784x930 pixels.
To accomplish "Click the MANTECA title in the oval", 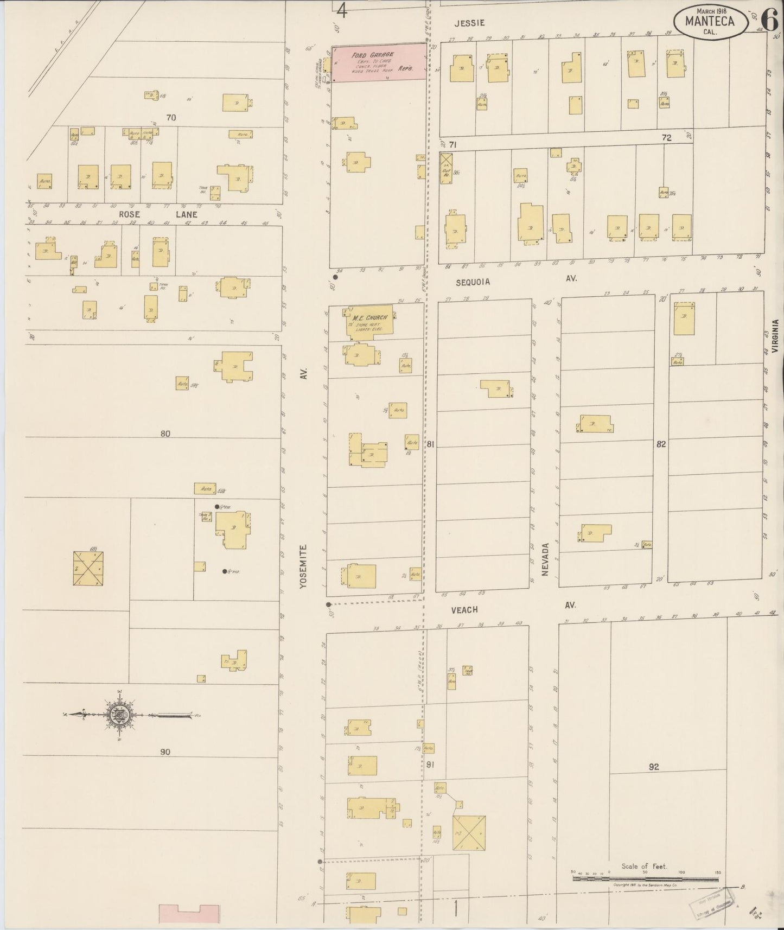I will (710, 22).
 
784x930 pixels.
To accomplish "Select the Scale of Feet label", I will (645, 867).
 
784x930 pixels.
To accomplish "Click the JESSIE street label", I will (469, 23).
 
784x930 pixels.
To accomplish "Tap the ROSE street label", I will (130, 214).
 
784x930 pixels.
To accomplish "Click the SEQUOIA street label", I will (473, 282).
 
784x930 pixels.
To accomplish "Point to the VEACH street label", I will (464, 610).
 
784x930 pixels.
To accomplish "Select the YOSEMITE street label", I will (303, 566).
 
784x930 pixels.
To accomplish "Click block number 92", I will (653, 767).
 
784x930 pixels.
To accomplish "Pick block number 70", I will (171, 117).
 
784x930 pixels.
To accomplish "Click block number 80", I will (165, 434).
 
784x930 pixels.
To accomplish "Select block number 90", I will (165, 751).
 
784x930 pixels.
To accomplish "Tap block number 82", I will (660, 444).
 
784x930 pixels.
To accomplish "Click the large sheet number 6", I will (769, 20).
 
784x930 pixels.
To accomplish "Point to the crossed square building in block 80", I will (88, 569).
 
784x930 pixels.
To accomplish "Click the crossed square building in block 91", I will (469, 832).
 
